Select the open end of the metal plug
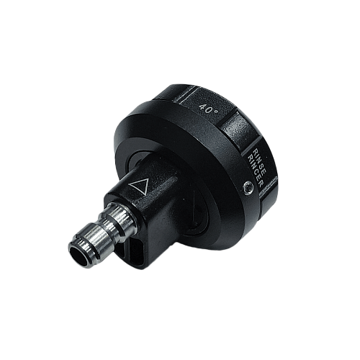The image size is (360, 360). (78, 255)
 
